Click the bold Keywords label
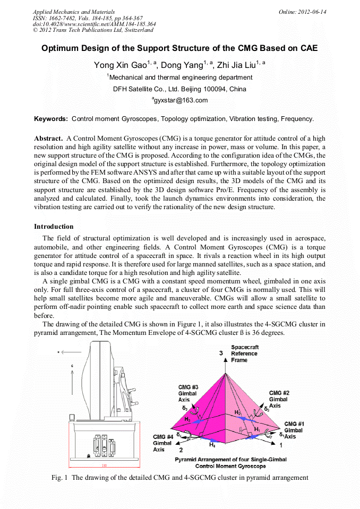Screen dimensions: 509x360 [x=51, y=119]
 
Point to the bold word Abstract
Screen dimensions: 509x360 [x=49, y=138]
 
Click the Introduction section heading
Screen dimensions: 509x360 [x=54, y=227]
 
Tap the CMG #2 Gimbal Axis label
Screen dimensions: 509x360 [x=279, y=399]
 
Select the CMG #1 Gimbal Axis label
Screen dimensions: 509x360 [x=294, y=430]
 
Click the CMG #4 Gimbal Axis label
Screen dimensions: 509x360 [x=163, y=443]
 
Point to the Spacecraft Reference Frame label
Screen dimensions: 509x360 [x=244, y=353]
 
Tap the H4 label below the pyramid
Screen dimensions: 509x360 [x=212, y=445]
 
